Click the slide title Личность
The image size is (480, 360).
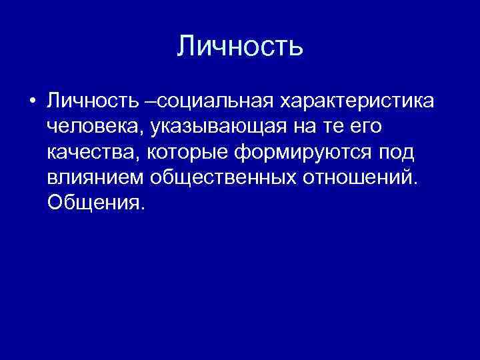240,47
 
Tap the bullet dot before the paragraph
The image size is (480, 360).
32,102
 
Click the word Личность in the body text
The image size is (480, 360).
92,102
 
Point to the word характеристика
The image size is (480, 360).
357,102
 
